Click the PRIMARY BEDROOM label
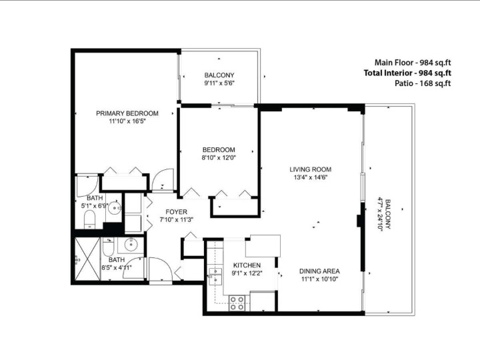(x=127, y=113)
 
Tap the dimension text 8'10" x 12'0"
(x=219, y=158)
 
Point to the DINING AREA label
(x=319, y=271)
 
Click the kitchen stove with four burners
(x=237, y=303)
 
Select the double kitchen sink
(x=215, y=275)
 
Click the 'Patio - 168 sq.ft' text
(x=422, y=83)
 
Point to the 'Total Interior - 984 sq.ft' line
(x=407, y=73)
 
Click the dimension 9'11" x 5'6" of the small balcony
(x=219, y=83)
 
